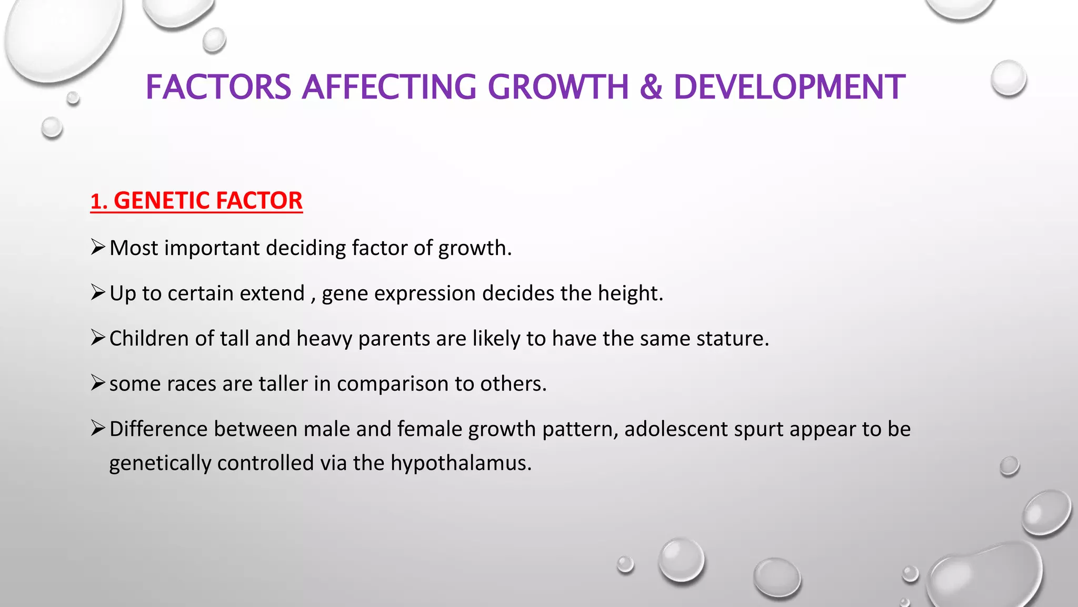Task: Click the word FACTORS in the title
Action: (x=218, y=87)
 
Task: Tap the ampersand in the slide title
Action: (x=651, y=87)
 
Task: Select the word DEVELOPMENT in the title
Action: (x=789, y=87)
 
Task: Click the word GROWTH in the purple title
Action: (x=558, y=87)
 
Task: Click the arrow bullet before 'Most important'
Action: (x=98, y=247)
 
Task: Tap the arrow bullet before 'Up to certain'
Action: (x=98, y=292)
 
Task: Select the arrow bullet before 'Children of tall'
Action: (x=98, y=337)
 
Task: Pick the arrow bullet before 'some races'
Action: (x=98, y=383)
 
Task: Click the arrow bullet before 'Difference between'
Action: (x=98, y=428)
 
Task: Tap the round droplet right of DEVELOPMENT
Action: (x=1009, y=79)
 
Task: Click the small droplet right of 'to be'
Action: (x=1009, y=466)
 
